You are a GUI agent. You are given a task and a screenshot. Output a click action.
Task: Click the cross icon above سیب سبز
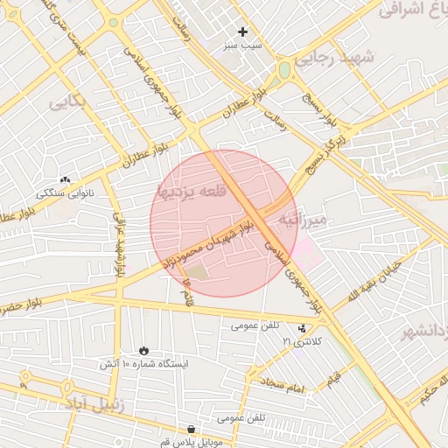click(242, 31)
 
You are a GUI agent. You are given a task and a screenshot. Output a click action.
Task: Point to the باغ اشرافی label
click(415, 10)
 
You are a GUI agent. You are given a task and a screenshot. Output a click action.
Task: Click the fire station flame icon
click(143, 349)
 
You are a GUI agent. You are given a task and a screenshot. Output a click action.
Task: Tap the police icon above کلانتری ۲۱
click(303, 328)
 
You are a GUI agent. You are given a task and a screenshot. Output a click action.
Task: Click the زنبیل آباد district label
click(94, 405)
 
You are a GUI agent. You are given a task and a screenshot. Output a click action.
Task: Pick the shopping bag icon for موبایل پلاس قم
click(192, 429)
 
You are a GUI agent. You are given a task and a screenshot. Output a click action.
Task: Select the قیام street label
click(332, 381)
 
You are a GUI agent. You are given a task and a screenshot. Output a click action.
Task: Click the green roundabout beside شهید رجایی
click(284, 70)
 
